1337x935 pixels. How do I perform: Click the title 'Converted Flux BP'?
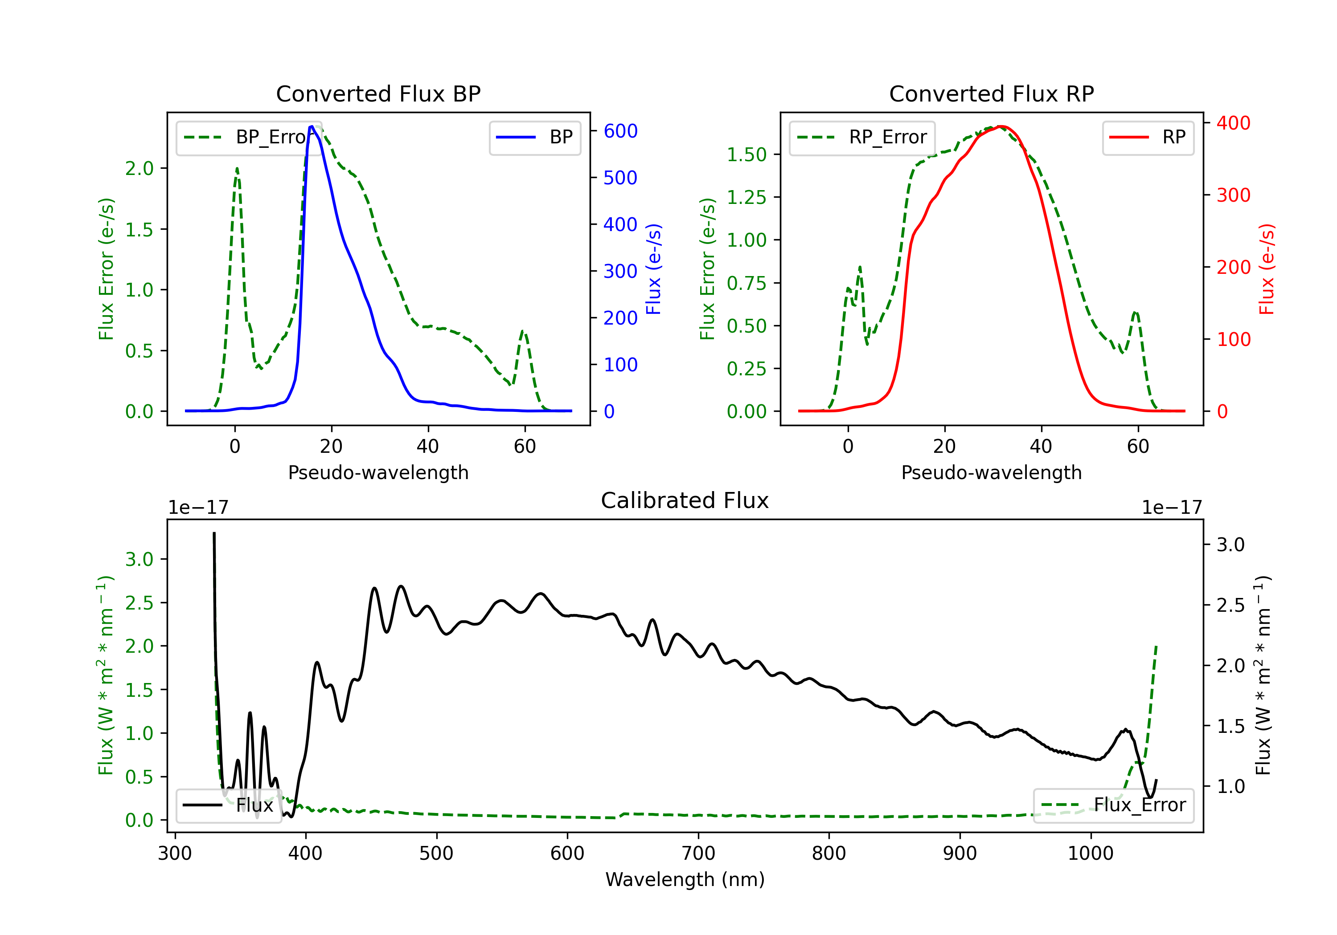coord(378,93)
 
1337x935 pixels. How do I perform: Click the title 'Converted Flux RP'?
coord(991,93)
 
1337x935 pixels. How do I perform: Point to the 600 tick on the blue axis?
coord(620,131)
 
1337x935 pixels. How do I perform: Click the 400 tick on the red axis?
coord(1233,123)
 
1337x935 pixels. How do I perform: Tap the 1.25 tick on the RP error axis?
coord(746,197)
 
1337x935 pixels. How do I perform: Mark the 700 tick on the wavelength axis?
coord(698,854)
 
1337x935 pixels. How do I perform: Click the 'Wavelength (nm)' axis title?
coord(685,879)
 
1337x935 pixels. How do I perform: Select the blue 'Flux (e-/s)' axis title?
coord(654,269)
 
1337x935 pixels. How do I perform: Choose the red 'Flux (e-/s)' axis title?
coord(1267,269)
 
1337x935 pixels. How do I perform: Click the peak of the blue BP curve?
coord(312,126)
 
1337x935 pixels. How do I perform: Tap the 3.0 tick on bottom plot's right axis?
coord(1230,545)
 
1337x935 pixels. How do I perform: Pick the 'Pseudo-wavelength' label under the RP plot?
coord(991,472)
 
